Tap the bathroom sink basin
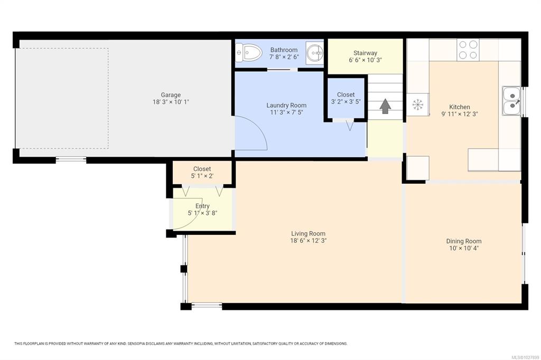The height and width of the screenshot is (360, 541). (x=315, y=53)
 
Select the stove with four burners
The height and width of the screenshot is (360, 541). (x=468, y=50)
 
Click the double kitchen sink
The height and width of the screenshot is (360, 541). (x=511, y=101)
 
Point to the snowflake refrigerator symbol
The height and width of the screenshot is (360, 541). (x=417, y=104)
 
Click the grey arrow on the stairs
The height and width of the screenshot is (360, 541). (x=385, y=106)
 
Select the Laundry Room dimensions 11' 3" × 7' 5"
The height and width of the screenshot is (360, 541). (x=286, y=112)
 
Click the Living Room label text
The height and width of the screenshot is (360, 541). (x=308, y=233)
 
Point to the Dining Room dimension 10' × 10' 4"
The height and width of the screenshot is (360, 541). (x=464, y=248)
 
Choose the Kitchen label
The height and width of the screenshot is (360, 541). (x=460, y=107)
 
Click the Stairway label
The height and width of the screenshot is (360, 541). (x=365, y=53)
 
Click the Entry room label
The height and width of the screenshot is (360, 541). (x=202, y=206)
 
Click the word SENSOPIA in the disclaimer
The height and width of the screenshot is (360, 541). (x=136, y=344)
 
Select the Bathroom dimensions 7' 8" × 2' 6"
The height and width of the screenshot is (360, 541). (x=284, y=56)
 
